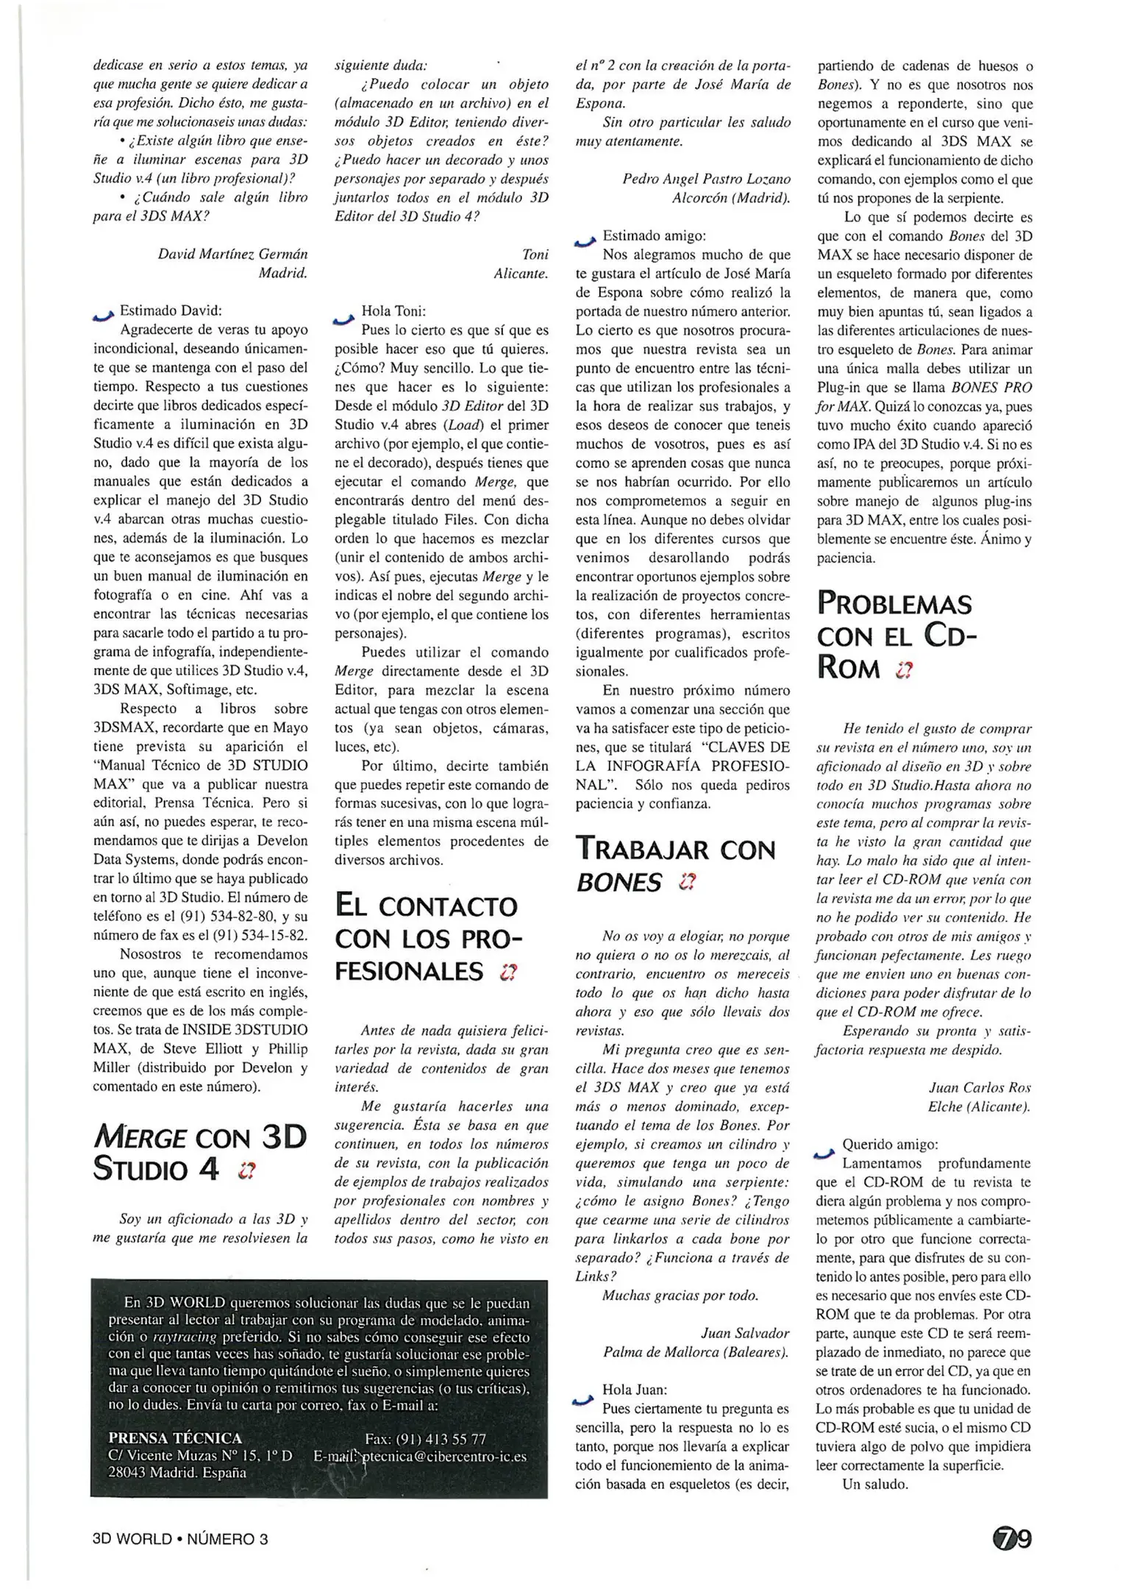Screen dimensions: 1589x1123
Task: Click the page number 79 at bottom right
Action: [x=1013, y=1538]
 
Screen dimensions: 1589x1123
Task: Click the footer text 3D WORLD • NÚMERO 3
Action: [x=180, y=1538]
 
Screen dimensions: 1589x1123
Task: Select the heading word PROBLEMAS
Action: [x=894, y=604]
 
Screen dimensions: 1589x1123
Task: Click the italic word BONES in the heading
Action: [x=618, y=882]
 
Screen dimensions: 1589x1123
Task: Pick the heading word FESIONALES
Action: [x=409, y=971]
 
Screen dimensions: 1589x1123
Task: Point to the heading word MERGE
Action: [x=139, y=1138]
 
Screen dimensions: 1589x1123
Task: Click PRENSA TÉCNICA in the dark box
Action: [x=175, y=1438]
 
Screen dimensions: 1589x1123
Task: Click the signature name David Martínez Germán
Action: [x=232, y=254]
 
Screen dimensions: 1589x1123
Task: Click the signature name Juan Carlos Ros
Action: [x=980, y=1087]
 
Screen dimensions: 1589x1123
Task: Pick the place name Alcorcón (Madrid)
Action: [x=731, y=198]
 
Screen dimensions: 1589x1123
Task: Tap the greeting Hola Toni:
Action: [x=393, y=311]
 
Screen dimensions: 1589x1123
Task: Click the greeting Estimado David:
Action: [x=171, y=310]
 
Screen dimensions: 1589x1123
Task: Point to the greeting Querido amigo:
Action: [x=890, y=1145]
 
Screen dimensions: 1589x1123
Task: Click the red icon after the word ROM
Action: [x=904, y=669]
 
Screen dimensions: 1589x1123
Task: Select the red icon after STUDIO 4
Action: [x=246, y=1170]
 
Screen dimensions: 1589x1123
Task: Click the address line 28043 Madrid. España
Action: [x=177, y=1473]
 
